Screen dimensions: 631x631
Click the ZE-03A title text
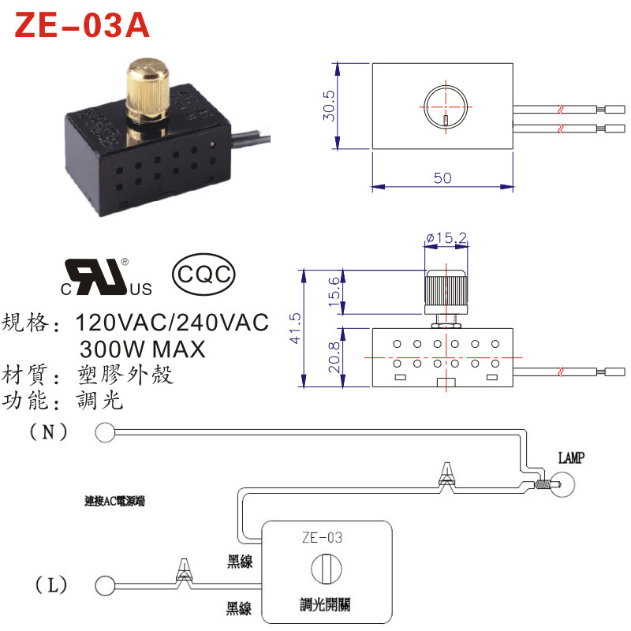click(82, 26)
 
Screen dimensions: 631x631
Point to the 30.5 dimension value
click(330, 105)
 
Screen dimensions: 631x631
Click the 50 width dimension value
click(442, 178)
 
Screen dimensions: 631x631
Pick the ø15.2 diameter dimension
click(446, 237)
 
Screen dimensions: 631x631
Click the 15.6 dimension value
click(334, 293)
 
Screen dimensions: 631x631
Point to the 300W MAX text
click(142, 348)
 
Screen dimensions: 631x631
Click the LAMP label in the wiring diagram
click(571, 458)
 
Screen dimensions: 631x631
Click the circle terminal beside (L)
click(103, 586)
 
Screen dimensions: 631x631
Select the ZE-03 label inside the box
click(323, 539)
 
